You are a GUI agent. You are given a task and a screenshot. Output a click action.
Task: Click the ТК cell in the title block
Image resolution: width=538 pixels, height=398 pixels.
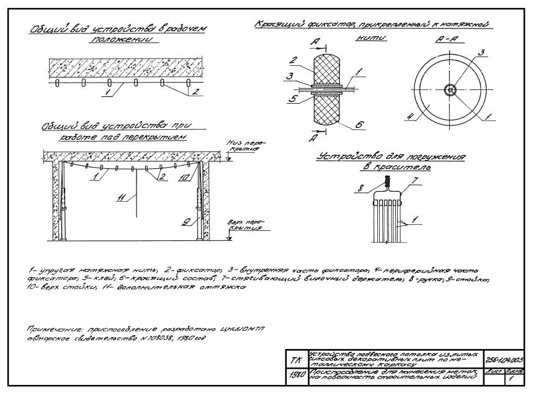coord(294,360)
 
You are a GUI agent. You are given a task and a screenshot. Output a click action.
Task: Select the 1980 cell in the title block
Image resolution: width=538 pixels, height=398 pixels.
coord(295,374)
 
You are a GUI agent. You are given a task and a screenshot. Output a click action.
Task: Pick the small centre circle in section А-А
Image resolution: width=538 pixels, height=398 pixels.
coord(452,89)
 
